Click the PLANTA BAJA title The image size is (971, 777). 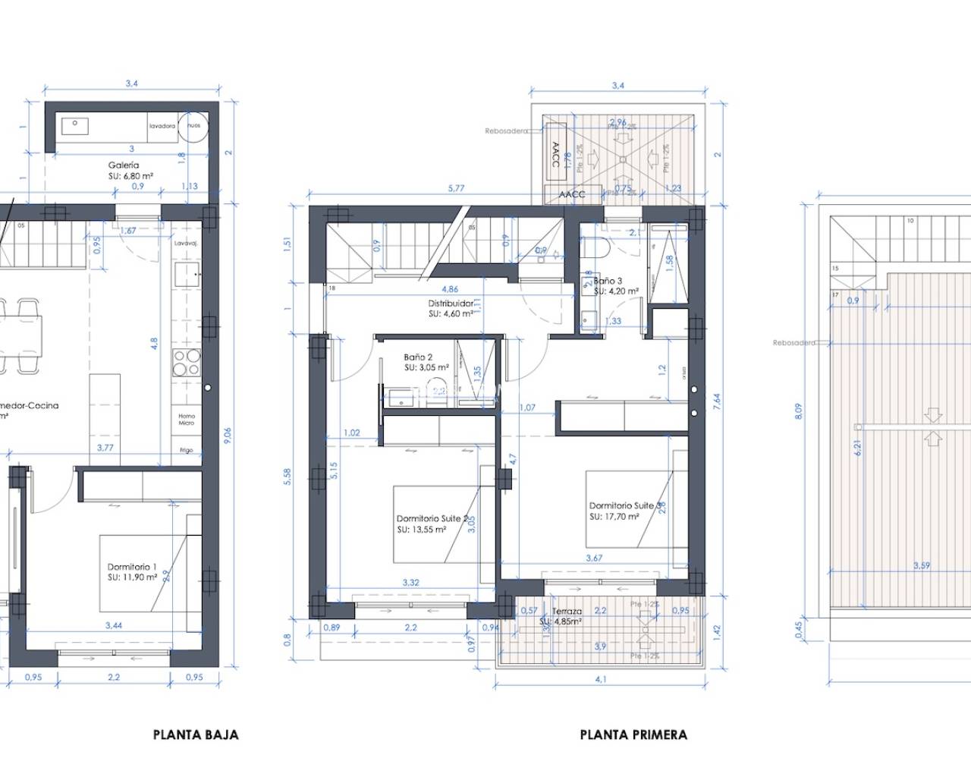(196, 735)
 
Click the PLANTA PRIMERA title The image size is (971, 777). (633, 735)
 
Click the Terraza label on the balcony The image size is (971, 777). (567, 612)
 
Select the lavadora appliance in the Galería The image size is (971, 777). (162, 126)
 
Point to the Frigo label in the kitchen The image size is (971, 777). (187, 450)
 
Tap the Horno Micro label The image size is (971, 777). (187, 420)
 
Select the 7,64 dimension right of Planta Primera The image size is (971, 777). (717, 401)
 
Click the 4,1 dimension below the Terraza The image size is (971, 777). (601, 679)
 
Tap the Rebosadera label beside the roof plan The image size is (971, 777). (793, 343)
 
